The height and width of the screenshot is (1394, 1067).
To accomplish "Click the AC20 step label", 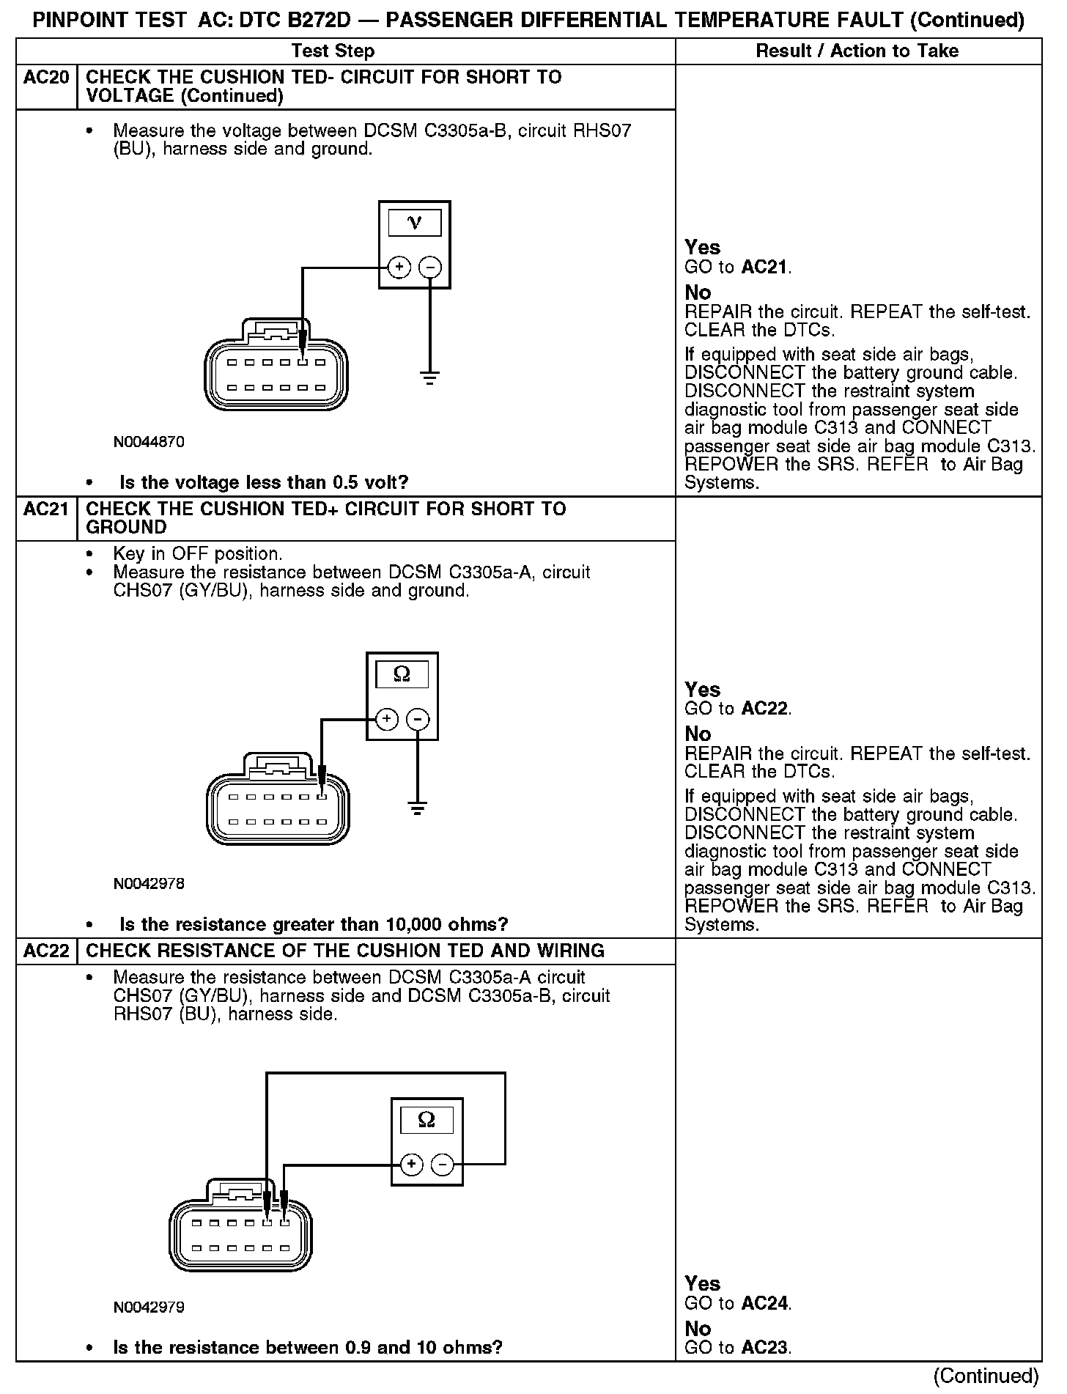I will (46, 78).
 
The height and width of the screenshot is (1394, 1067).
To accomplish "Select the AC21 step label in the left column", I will (46, 509).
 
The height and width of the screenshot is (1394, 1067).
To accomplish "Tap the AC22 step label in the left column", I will (46, 951).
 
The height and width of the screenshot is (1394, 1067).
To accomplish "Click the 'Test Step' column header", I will (333, 51).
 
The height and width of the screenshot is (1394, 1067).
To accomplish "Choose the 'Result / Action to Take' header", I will (857, 51).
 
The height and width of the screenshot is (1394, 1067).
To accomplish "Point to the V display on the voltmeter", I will (415, 223).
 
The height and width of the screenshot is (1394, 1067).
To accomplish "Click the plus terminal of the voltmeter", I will (399, 268).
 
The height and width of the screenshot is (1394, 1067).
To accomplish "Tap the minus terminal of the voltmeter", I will (430, 268).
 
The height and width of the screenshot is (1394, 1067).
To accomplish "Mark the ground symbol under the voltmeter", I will (430, 378).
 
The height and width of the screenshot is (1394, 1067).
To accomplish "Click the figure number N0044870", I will (149, 442).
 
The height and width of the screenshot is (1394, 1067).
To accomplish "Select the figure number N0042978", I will (149, 884).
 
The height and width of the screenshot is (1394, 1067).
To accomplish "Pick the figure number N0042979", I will (149, 1307).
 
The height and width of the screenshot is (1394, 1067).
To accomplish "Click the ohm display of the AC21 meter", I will (402, 674).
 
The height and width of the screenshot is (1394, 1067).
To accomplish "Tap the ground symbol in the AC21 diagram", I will (418, 809).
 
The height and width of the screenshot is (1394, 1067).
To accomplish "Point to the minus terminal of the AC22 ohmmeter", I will (442, 1164).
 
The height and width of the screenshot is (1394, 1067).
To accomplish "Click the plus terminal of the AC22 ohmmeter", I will (412, 1164).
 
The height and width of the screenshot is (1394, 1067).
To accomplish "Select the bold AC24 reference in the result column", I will (765, 1303).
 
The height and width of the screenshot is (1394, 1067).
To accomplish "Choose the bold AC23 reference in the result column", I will (765, 1347).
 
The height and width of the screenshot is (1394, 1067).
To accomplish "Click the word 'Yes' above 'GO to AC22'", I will (702, 689).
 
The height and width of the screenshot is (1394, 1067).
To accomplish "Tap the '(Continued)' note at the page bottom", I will (986, 1376).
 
